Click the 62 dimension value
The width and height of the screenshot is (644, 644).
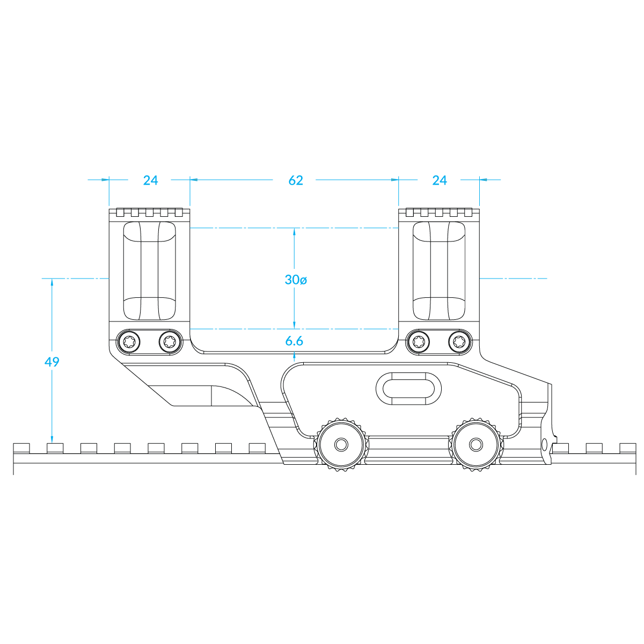click(x=295, y=180)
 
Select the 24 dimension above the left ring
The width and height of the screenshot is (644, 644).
click(x=150, y=180)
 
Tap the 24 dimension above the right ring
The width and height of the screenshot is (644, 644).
click(x=440, y=180)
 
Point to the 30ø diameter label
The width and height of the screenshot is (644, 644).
click(x=295, y=280)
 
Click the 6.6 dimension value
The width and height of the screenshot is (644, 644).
click(x=294, y=341)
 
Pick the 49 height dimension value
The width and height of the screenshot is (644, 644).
click(x=52, y=362)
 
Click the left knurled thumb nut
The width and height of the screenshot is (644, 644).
click(x=341, y=445)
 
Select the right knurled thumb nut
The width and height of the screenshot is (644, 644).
click(x=476, y=445)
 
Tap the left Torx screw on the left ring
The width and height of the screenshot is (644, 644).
click(x=129, y=342)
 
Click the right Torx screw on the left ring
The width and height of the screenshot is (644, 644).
click(x=170, y=342)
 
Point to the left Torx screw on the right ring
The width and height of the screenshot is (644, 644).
click(x=419, y=342)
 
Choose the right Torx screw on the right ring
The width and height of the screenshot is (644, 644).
click(x=459, y=342)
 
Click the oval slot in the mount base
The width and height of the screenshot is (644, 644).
click(x=408, y=389)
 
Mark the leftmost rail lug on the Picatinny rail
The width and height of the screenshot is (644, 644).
click(x=21, y=448)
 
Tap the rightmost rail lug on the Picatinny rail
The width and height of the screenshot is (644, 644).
click(x=628, y=448)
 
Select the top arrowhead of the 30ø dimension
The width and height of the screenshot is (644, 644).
click(x=294, y=232)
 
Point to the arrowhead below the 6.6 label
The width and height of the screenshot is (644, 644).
click(x=294, y=355)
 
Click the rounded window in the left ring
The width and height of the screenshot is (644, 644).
click(x=149, y=270)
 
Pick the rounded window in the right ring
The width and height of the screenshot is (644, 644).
click(x=439, y=270)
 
